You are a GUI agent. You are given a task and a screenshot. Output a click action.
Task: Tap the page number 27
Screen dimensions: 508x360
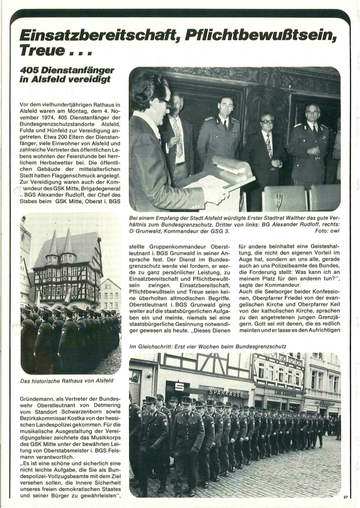tap(346, 497)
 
